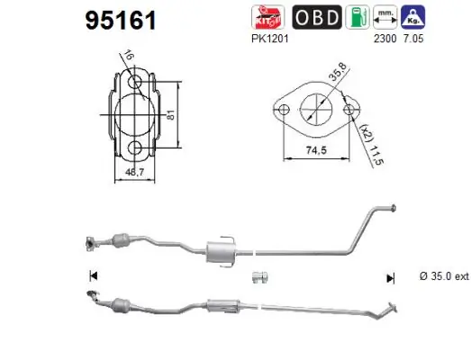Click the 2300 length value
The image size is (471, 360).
(x=385, y=40)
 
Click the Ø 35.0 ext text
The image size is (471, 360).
(x=444, y=277)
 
